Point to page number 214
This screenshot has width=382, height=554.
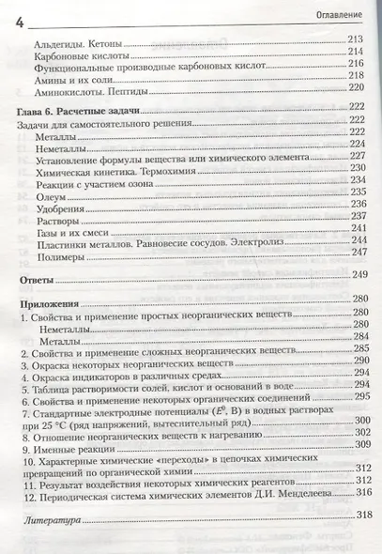point(355,54)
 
